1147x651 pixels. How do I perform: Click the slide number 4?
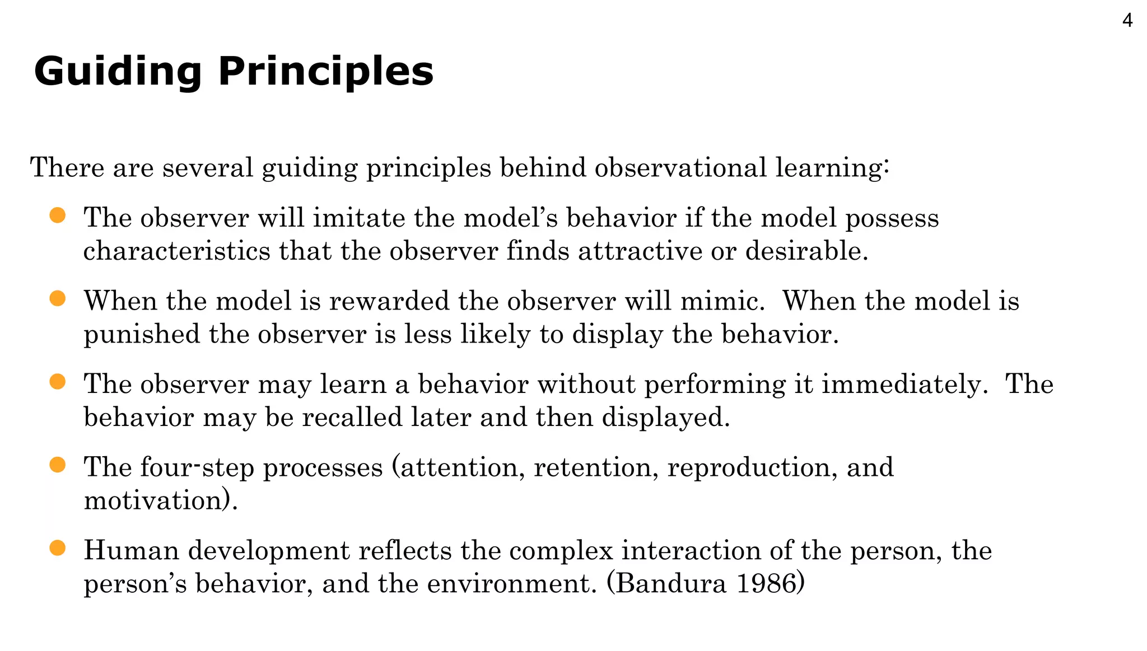pyautogui.click(x=1127, y=21)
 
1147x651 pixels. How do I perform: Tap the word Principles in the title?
pyautogui.click(x=325, y=72)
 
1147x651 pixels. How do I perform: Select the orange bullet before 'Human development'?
pyautogui.click(x=58, y=548)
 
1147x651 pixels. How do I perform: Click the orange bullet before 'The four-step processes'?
pyautogui.click(x=58, y=465)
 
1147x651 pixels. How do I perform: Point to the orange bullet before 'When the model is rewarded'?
pyautogui.click(x=58, y=298)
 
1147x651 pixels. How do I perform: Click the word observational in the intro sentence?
pyautogui.click(x=680, y=167)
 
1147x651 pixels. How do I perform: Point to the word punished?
pyautogui.click(x=142, y=334)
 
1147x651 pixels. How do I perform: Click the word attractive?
pyautogui.click(x=640, y=250)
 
